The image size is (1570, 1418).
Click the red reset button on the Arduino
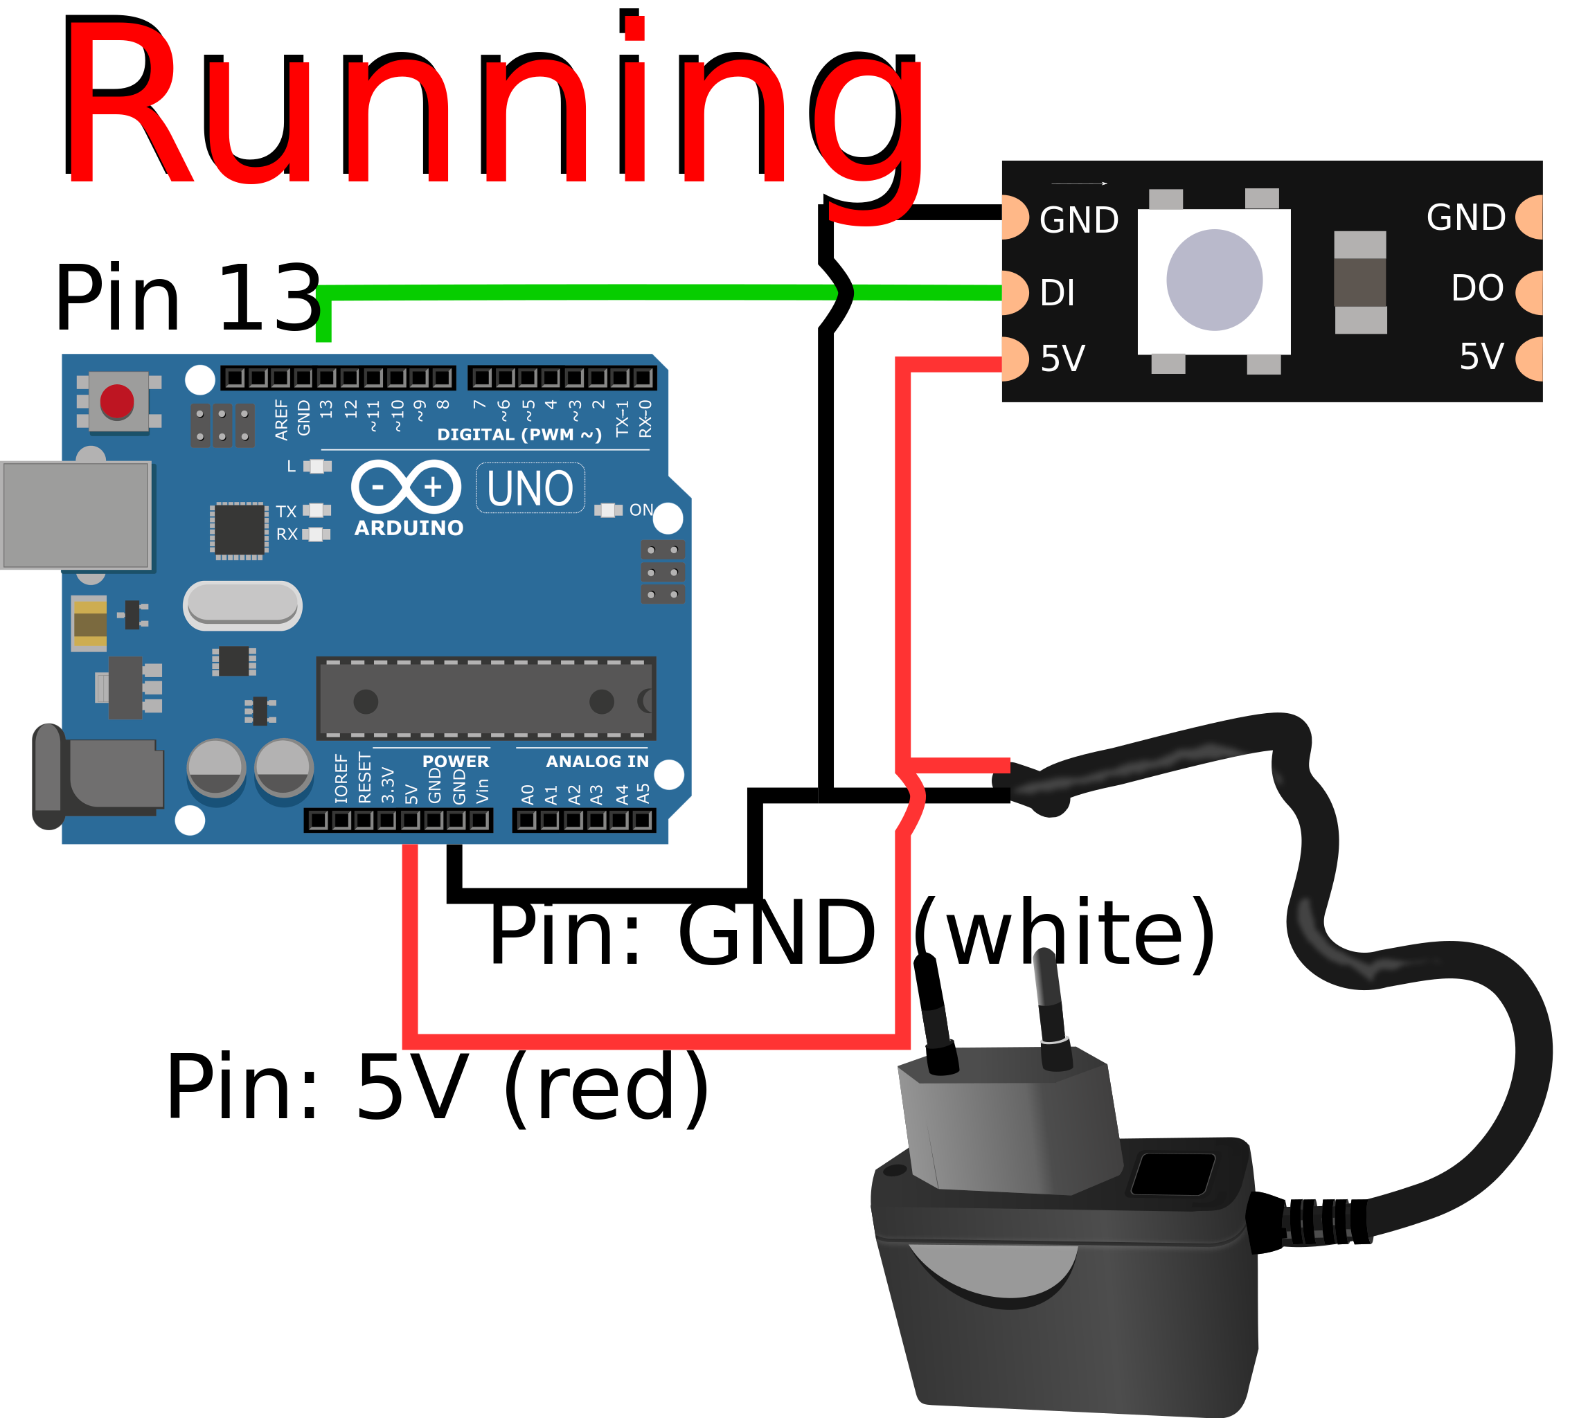click(117, 402)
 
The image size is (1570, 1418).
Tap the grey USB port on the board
click(75, 516)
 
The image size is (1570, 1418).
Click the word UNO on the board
click(530, 489)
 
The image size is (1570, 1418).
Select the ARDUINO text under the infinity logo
click(409, 528)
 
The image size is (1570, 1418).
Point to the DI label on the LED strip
click(1058, 294)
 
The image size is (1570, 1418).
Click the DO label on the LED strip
click(1477, 288)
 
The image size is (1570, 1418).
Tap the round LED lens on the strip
click(1214, 280)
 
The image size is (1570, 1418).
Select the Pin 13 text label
click(188, 298)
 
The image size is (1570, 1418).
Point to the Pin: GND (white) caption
click(851, 932)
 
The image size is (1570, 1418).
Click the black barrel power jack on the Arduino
click(98, 776)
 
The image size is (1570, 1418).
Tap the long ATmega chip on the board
click(486, 699)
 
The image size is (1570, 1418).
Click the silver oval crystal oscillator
click(242, 605)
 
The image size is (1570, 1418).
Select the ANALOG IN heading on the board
click(597, 762)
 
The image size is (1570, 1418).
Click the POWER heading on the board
click(456, 762)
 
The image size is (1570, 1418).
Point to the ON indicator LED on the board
click(607, 511)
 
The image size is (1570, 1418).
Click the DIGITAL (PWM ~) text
click(519, 435)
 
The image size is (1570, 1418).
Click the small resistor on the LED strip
click(1361, 282)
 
